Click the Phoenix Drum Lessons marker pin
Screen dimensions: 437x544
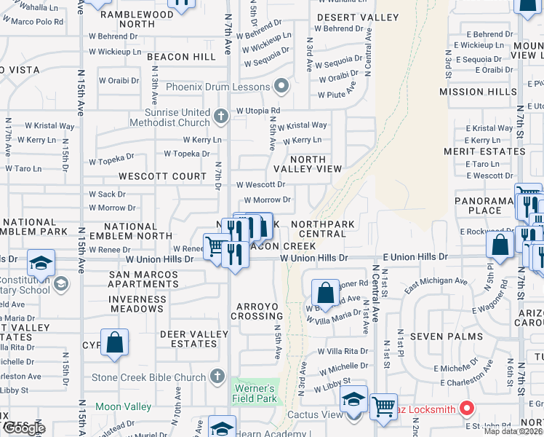[282, 87]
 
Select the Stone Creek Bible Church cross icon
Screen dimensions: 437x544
[216, 377]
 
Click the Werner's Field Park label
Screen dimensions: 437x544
[254, 393]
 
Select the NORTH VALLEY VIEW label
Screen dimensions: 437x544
[316, 164]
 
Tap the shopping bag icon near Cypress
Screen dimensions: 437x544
[115, 342]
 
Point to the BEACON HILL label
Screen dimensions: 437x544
[178, 57]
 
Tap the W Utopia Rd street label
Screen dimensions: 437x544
[257, 111]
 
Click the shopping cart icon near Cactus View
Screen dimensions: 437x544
[383, 406]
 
